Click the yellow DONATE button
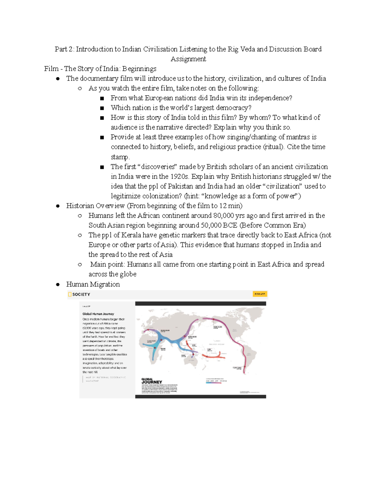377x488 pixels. (x=260, y=294)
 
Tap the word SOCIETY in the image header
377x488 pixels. (x=81, y=294)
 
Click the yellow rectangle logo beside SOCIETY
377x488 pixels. (x=70, y=294)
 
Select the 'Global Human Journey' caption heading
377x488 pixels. (x=98, y=314)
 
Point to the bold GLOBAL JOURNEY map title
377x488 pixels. (x=152, y=381)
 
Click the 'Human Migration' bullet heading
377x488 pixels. (x=93, y=284)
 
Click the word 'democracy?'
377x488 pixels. (x=233, y=108)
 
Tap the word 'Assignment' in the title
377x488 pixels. (x=188, y=59)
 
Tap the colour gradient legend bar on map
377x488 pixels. (x=216, y=383)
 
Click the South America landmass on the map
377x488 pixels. (x=247, y=355)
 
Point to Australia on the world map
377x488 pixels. (x=191, y=361)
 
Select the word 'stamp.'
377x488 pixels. (x=120, y=157)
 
